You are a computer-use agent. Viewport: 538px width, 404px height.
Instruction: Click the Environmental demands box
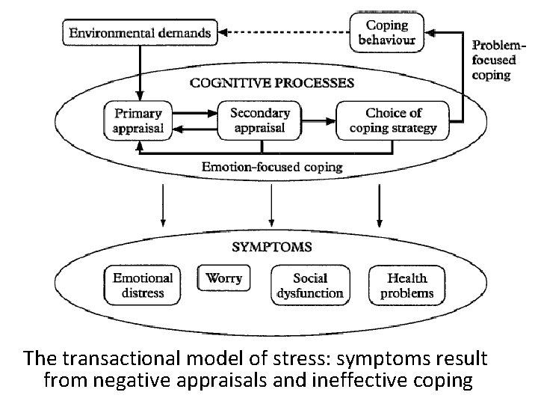(140, 33)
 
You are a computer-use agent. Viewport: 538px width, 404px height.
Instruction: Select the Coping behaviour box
(386, 33)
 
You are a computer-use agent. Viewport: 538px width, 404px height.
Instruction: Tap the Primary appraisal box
(137, 120)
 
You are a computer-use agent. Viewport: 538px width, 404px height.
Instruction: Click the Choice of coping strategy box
(393, 120)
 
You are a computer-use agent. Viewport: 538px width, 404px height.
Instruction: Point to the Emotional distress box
(143, 285)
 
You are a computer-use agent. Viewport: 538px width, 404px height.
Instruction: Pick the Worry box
(223, 278)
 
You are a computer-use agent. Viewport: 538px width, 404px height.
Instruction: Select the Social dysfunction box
(310, 285)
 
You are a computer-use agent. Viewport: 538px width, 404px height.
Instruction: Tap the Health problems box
(406, 285)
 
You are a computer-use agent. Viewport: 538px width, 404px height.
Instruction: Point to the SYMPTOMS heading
(271, 246)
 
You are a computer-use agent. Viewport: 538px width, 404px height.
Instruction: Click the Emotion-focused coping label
(272, 166)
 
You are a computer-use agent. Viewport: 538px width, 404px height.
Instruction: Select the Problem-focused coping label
(492, 61)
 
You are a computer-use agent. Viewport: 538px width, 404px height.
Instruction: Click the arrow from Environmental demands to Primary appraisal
(139, 71)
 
